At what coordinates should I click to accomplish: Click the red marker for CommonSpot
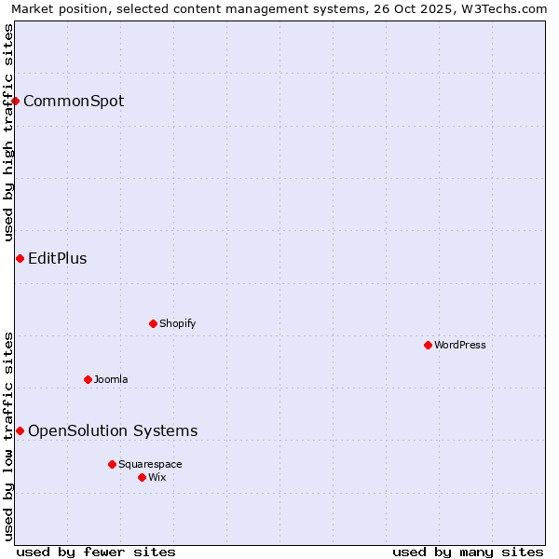coord(16,101)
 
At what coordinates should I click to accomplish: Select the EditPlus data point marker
coord(20,258)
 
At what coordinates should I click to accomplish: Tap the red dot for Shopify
coord(153,323)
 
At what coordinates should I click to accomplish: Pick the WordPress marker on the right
coord(428,345)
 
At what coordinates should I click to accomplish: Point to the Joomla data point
coord(88,379)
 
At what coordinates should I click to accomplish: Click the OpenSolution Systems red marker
coord(20,430)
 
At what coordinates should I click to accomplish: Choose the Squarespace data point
coord(112,464)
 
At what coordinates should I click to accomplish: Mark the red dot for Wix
coord(142,477)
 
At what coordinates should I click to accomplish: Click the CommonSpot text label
coord(74,101)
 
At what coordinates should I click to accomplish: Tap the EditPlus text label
coord(58,258)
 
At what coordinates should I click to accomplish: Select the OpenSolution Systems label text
coord(113,430)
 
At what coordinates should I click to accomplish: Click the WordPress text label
coord(460,345)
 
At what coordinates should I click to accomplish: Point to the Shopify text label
coord(178,323)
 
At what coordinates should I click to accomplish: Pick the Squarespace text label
coord(150,464)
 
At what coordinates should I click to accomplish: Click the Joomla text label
coord(111,379)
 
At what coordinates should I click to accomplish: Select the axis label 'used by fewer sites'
coord(96,552)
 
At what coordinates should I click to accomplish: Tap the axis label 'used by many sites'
coord(468,552)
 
